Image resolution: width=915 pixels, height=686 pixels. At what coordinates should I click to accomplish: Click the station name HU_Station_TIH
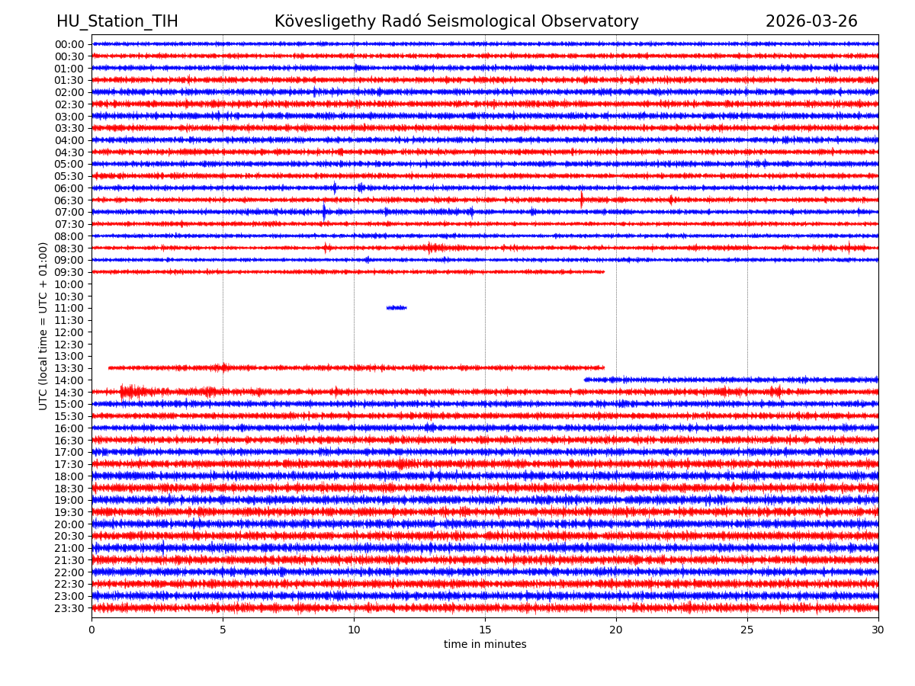[x=117, y=21]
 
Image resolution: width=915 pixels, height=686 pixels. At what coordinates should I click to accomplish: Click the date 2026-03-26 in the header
[x=811, y=21]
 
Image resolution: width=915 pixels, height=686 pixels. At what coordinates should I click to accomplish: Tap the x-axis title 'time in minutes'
[x=485, y=645]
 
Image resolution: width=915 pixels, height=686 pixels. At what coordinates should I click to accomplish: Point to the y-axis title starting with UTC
[x=43, y=325]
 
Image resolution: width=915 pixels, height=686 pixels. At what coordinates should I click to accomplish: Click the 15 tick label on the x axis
[x=485, y=630]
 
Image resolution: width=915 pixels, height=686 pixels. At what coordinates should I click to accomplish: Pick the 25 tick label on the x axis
[x=747, y=630]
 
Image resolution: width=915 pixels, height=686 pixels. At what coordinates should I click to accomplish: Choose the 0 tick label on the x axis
[x=91, y=630]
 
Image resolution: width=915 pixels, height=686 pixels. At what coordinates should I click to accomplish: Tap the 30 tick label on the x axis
[x=878, y=630]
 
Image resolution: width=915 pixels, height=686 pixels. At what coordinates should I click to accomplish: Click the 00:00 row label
[x=69, y=44]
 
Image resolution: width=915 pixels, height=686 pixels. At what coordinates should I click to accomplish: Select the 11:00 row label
[x=69, y=308]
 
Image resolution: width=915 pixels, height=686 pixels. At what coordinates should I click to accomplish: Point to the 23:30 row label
[x=69, y=608]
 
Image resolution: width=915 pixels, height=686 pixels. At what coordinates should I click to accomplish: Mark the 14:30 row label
[x=69, y=392]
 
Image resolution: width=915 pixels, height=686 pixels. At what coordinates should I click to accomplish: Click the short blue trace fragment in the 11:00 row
[x=396, y=308]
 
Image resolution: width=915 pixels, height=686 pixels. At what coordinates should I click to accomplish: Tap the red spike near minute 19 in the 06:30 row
[x=582, y=200]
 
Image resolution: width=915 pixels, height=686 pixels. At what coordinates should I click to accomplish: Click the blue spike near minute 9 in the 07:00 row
[x=324, y=212]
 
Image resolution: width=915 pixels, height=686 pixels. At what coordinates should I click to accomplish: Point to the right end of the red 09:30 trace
[x=603, y=272]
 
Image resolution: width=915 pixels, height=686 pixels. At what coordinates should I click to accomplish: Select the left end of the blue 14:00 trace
[x=586, y=380]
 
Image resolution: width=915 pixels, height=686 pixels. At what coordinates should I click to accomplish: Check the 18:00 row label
[x=69, y=476]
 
